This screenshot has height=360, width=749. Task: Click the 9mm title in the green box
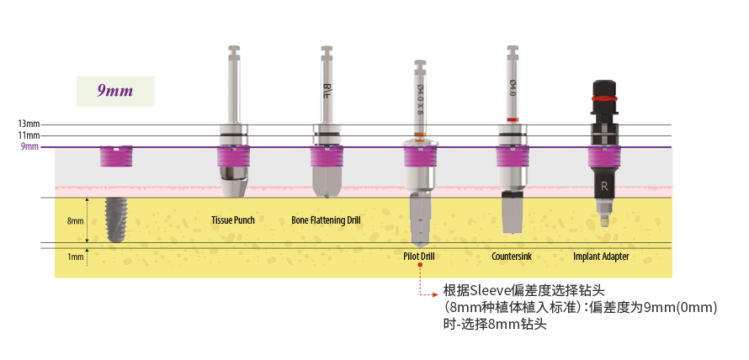[x=115, y=90]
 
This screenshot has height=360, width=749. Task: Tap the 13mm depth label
[x=29, y=124]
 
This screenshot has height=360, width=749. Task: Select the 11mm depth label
[x=29, y=135]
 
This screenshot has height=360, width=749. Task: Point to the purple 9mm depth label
[x=30, y=147]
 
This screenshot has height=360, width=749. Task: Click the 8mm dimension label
[x=76, y=221]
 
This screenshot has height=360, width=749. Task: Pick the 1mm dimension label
[x=76, y=256]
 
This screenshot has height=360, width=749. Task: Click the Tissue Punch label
[x=233, y=220]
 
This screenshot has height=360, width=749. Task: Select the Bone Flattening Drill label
[x=326, y=220]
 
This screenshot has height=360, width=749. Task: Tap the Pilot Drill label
[x=418, y=256]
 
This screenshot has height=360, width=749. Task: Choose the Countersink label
[x=512, y=256]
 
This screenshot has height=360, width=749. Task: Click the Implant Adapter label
[x=601, y=256]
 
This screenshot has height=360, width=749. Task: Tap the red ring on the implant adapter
[x=603, y=98]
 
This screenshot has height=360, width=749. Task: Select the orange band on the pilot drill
[x=418, y=135]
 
